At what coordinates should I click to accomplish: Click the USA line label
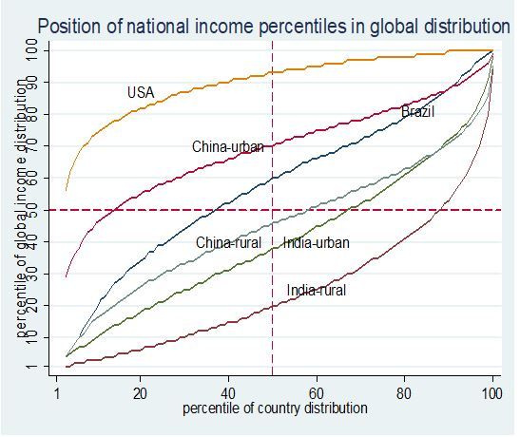pos(141,92)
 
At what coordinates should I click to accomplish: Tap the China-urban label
pos(228,146)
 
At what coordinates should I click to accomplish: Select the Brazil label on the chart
pos(417,112)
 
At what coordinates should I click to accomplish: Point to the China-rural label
pos(228,243)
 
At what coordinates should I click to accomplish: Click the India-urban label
pos(317,243)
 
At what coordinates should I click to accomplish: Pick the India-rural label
pos(317,291)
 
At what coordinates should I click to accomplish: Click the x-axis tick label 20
pos(140,393)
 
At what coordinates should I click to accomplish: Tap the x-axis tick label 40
pos(228,393)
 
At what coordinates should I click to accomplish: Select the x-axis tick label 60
pos(317,393)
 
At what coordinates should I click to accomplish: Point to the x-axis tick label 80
pos(404,393)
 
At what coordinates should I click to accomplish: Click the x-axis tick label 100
pos(491,393)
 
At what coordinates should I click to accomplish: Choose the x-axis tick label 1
pos(57,393)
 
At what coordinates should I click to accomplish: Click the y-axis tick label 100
pos(31,50)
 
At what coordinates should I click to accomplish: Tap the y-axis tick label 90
pos(31,82)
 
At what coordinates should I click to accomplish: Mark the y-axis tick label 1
pos(31,367)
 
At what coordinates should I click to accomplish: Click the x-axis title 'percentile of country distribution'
pos(275,408)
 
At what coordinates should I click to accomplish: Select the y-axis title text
pos(22,209)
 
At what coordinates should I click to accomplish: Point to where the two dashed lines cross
pos(272,210)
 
